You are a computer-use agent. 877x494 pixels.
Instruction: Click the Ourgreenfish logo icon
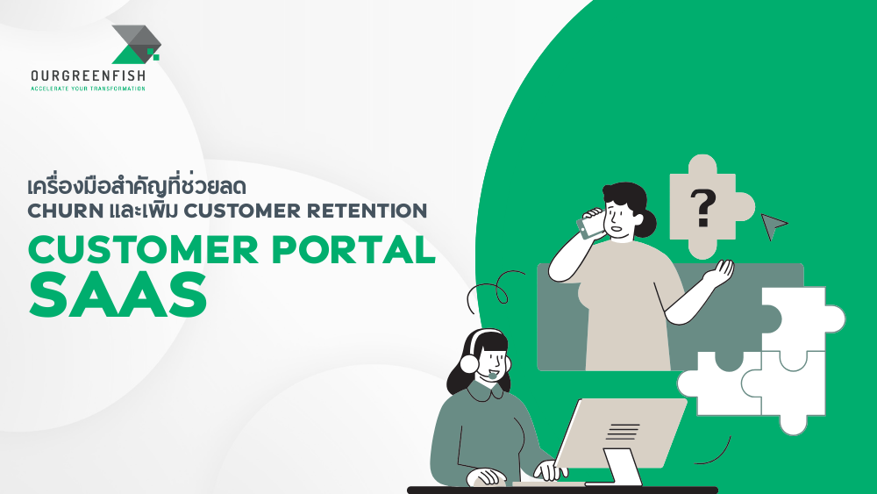point(136,44)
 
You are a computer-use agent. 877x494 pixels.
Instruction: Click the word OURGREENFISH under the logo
point(88,76)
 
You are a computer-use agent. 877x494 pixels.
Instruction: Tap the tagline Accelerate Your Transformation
point(88,89)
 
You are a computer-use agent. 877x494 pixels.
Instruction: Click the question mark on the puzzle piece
point(702,209)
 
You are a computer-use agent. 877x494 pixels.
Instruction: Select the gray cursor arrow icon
point(773,226)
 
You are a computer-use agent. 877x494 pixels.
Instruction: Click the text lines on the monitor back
point(623,430)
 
